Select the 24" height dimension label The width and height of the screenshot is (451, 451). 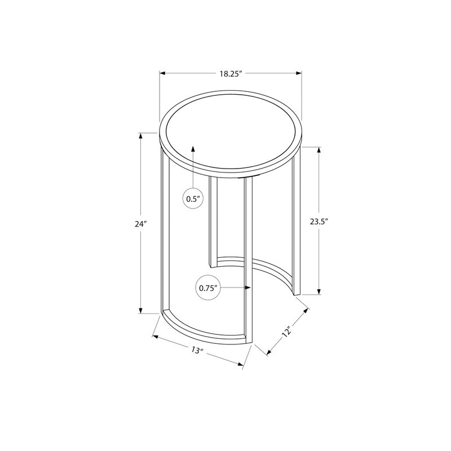coord(141,224)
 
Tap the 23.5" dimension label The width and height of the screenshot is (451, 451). coord(319,222)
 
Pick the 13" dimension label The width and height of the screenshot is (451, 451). coord(197,350)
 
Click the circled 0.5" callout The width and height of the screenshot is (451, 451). coord(193,199)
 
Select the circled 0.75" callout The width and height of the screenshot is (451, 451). coord(208,288)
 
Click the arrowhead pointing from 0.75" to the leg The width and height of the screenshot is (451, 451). coord(247,288)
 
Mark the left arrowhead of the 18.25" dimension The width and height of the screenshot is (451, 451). coord(163,74)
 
